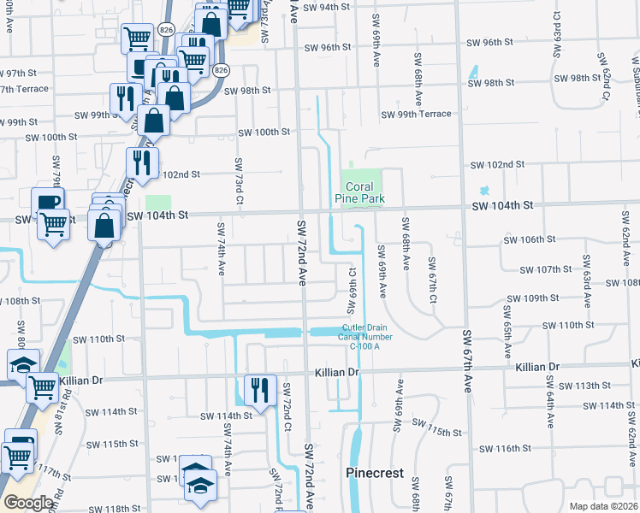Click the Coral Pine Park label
pyautogui.click(x=363, y=192)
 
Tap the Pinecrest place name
pyautogui.click(x=374, y=473)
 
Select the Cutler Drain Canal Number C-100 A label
pyautogui.click(x=365, y=335)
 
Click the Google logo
pyautogui.click(x=28, y=503)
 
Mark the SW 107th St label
pyautogui.click(x=548, y=269)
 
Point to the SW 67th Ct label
pyautogui.click(x=433, y=279)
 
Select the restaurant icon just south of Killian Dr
pyautogui.click(x=256, y=388)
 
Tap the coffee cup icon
pyautogui.click(x=48, y=203)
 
